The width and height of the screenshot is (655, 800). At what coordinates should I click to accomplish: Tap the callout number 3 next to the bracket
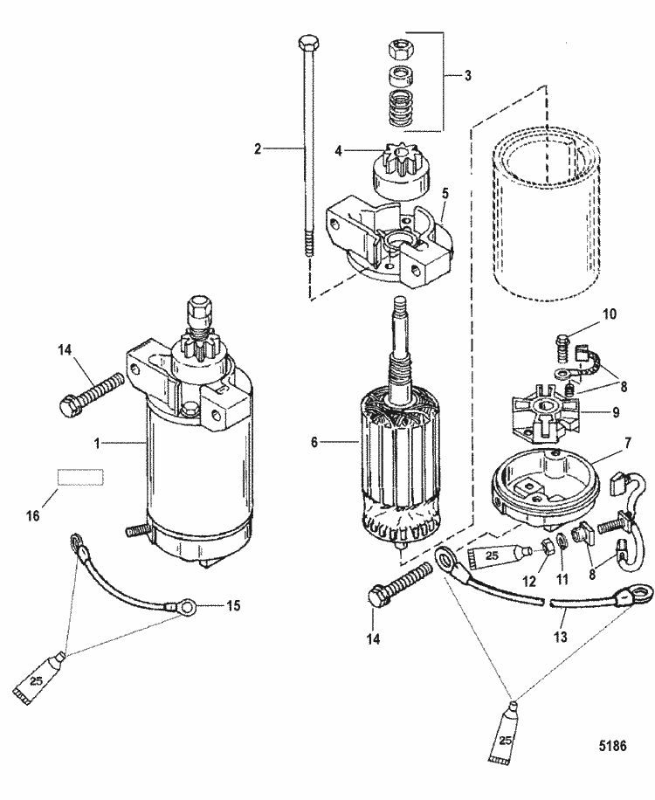point(468,76)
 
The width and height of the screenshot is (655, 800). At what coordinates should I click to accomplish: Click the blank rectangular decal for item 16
point(81,477)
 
